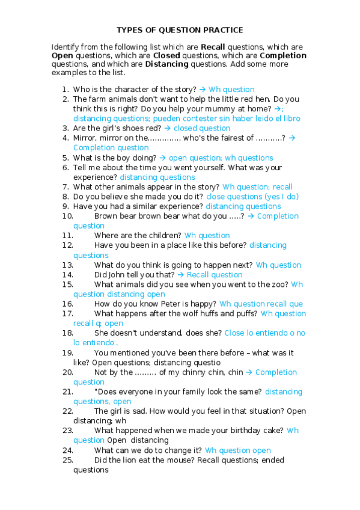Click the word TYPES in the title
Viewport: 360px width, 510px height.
pos(128,29)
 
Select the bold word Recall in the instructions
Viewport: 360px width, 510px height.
pos(213,46)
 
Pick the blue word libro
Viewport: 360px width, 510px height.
pos(291,118)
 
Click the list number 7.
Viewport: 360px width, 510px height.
pos(65,186)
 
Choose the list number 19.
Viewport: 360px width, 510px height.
pos(67,352)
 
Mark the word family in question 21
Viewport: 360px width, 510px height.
pos(189,392)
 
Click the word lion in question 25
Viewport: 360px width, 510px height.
pos(129,460)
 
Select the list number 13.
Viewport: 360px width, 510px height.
pos(67,265)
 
